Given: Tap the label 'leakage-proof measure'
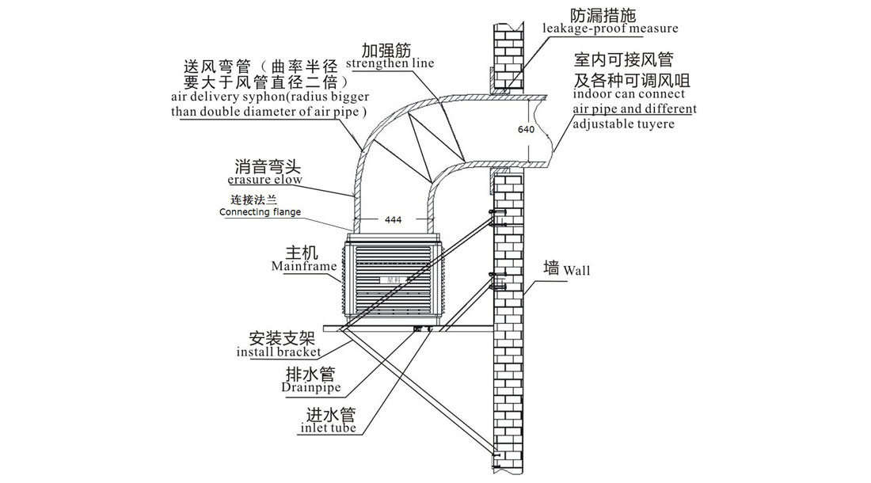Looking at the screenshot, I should (x=610, y=29).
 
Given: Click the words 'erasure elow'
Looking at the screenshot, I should (x=268, y=181).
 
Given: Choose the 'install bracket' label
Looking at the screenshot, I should (x=278, y=352).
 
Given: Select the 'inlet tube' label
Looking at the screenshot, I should (x=328, y=428).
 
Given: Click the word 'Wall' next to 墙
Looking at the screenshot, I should (x=576, y=270).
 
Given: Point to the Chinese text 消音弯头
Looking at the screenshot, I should (x=268, y=167).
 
